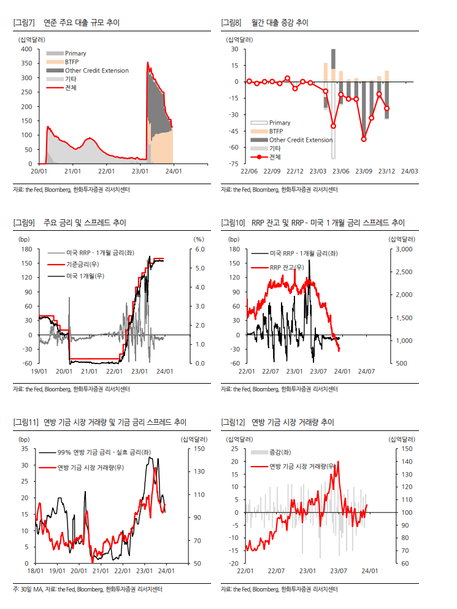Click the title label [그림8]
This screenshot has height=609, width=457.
click(232, 23)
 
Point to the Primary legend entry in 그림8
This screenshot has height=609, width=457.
click(280, 123)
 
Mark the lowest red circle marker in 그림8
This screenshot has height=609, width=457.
click(364, 139)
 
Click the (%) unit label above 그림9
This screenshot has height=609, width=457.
click(198, 239)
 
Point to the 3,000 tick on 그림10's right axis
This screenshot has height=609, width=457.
click(406, 250)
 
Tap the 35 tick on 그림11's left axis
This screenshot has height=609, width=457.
click(25, 449)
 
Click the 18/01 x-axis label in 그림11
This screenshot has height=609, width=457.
click(34, 571)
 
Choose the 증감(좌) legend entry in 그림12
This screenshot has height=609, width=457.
click(280, 452)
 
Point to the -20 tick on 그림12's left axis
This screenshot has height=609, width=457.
click(233, 564)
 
